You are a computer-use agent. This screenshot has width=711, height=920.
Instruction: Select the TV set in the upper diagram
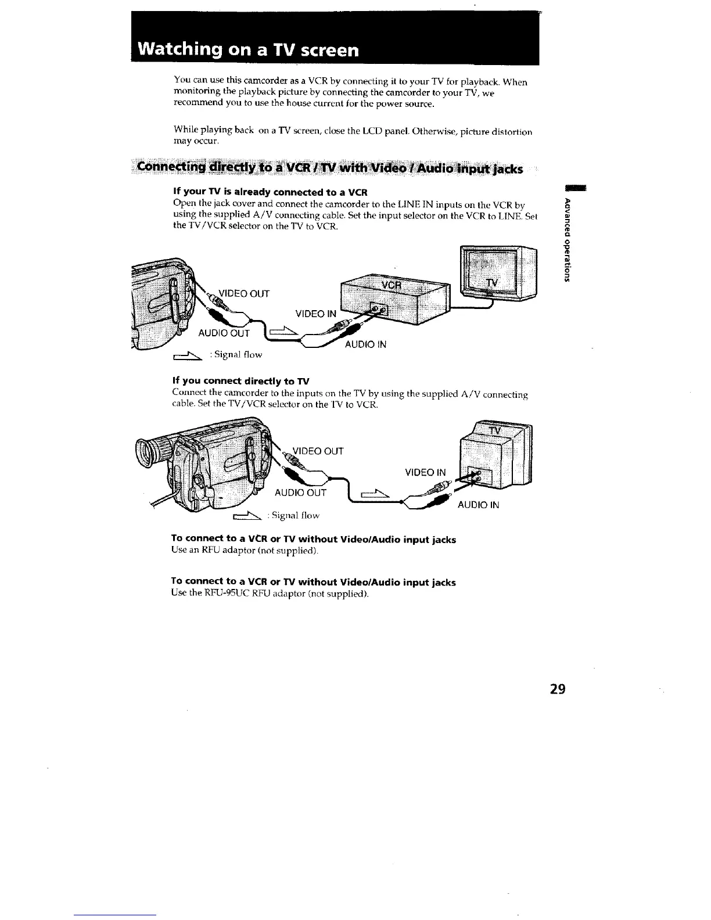[498, 273]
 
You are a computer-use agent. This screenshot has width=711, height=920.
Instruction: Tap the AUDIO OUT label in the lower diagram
[300, 493]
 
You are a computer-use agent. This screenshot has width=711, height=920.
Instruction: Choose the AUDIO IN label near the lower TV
[478, 505]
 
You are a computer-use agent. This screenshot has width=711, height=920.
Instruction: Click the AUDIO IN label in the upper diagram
[365, 344]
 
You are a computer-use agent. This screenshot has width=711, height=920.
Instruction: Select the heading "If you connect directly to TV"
[241, 381]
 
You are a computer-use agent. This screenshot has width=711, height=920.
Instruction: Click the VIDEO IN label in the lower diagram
[425, 472]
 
